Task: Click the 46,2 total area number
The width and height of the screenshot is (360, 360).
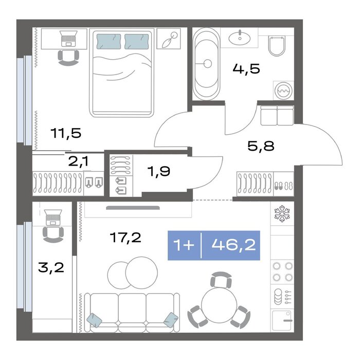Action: (x=233, y=245)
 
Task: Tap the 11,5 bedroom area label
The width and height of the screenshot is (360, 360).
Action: (x=66, y=133)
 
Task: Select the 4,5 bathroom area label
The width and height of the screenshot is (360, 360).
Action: (x=246, y=68)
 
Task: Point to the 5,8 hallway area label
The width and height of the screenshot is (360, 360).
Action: (x=261, y=146)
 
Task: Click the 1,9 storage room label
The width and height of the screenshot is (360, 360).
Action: (x=159, y=171)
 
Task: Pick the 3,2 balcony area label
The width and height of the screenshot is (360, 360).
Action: (x=51, y=267)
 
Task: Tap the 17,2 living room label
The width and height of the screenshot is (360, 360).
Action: (x=125, y=238)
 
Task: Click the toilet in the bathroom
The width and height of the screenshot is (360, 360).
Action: (x=277, y=46)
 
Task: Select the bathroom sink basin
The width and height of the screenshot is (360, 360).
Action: (x=240, y=38)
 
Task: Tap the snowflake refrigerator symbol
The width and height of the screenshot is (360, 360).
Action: (x=282, y=213)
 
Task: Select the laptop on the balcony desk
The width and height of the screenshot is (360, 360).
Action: (x=53, y=218)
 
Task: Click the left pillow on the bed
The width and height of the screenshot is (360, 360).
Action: (x=109, y=42)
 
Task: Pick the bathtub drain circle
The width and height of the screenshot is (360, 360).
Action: (x=207, y=64)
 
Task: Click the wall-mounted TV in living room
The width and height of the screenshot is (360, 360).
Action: (x=133, y=208)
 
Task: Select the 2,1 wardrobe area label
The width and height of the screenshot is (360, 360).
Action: (x=78, y=161)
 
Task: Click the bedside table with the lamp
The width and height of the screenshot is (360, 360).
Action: (x=169, y=39)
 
